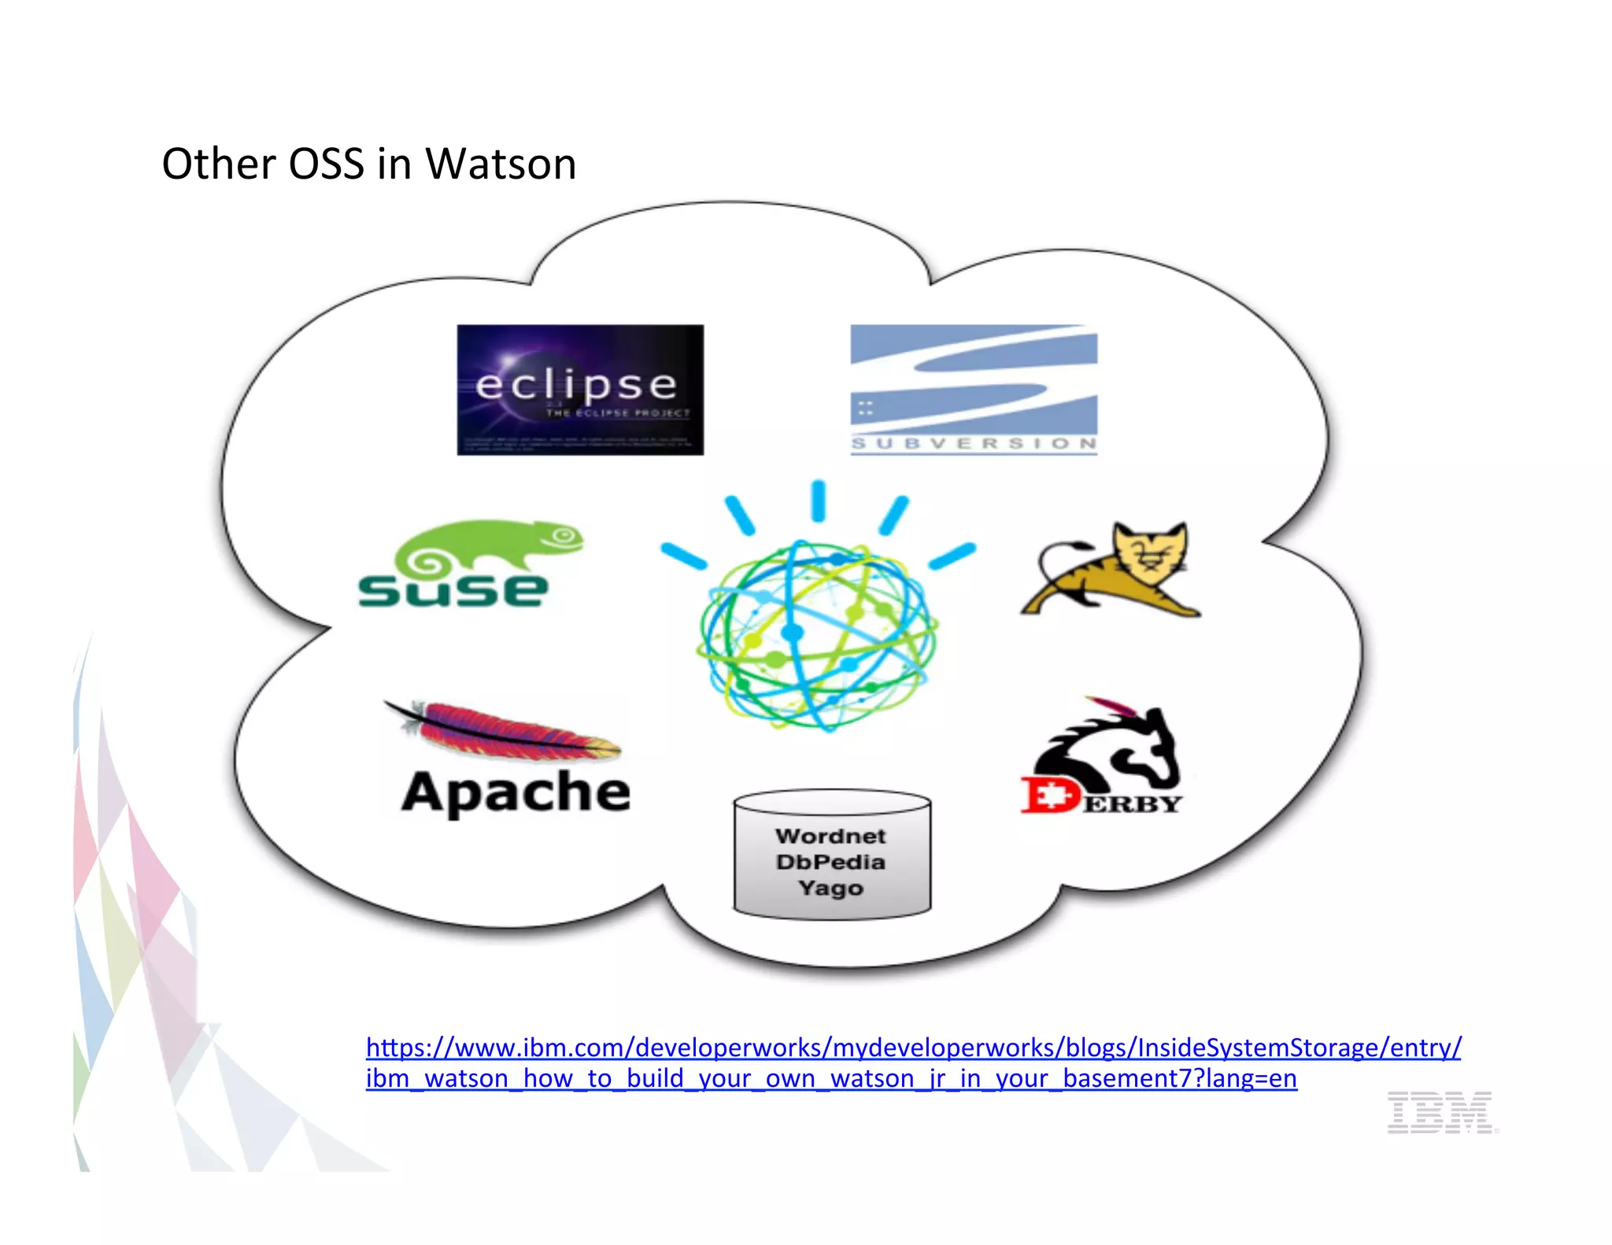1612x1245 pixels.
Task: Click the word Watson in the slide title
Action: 501,164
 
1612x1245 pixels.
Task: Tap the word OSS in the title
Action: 326,164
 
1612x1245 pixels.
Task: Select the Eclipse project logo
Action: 580,390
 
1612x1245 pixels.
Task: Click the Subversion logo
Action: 974,390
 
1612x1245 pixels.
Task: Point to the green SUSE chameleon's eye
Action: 563,537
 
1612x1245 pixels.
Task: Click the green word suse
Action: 453,589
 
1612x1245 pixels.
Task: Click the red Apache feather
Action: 512,732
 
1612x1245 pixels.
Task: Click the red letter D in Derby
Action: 1050,796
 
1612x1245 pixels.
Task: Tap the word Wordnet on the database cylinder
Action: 830,836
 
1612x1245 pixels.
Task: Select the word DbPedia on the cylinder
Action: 830,862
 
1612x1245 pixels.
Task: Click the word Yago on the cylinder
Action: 830,888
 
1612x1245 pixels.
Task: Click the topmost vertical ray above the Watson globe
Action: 819,501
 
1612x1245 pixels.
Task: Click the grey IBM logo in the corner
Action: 1440,1112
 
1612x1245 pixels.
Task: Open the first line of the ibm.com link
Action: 913,1047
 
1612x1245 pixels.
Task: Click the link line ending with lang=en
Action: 831,1078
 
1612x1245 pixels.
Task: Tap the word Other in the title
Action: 219,164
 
